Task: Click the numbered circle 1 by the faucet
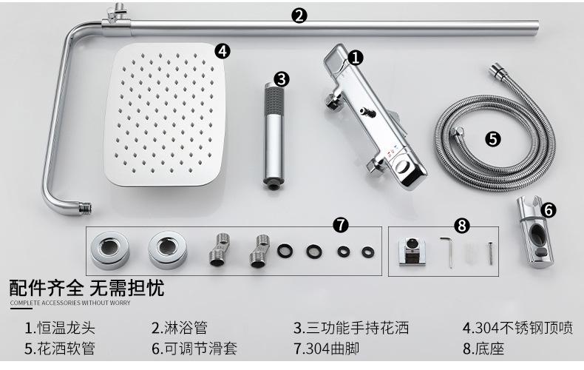pyautogui.click(x=356, y=58)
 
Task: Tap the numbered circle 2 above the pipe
pyautogui.click(x=299, y=16)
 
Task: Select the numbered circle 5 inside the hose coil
pyautogui.click(x=493, y=139)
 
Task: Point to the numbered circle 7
pyautogui.click(x=341, y=224)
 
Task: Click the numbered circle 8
pyautogui.click(x=462, y=225)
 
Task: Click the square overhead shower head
pyautogui.click(x=166, y=115)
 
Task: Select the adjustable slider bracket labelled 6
pyautogui.click(x=534, y=232)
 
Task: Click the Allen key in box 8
pyautogui.click(x=448, y=252)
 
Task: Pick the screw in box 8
pyautogui.click(x=491, y=253)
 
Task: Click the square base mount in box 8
pyautogui.click(x=412, y=252)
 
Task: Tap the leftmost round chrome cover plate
pyautogui.click(x=110, y=250)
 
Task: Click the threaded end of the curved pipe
pyautogui.click(x=85, y=208)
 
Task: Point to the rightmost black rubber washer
pyautogui.click(x=368, y=252)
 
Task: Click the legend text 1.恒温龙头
pyautogui.click(x=60, y=329)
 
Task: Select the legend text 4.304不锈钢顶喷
pyautogui.click(x=517, y=329)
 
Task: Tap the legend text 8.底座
pyautogui.click(x=483, y=349)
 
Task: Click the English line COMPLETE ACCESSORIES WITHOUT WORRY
pyautogui.click(x=70, y=303)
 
